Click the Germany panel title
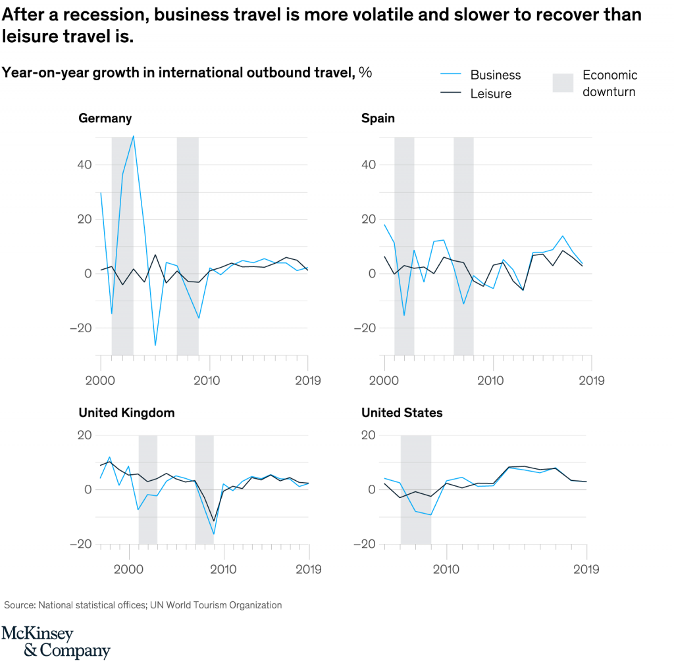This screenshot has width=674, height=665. click(105, 118)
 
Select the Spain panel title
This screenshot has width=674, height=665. click(378, 118)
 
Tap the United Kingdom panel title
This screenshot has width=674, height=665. click(126, 413)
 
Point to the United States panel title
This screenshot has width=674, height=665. click(402, 413)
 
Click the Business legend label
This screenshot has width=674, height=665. click(495, 75)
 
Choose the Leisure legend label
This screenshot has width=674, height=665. click(490, 94)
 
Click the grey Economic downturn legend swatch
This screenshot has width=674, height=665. click(563, 83)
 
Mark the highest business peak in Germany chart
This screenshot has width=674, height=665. click(134, 136)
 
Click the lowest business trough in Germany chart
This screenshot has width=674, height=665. click(155, 345)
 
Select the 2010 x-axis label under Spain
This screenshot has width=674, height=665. click(490, 380)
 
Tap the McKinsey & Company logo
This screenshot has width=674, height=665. click(55, 643)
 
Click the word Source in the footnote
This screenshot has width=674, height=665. click(20, 604)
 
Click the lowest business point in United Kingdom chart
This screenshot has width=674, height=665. click(214, 533)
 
